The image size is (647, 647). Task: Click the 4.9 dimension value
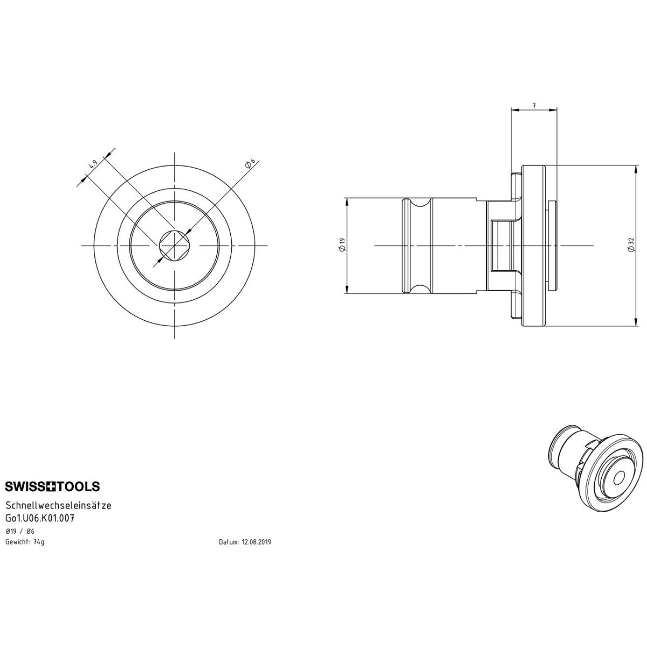pos(93,164)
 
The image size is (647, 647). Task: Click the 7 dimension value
pos(534,106)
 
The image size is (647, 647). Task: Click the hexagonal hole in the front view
pos(175,245)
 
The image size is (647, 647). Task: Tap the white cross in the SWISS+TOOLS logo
pos(52,486)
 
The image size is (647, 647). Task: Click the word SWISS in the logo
pos(26,486)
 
